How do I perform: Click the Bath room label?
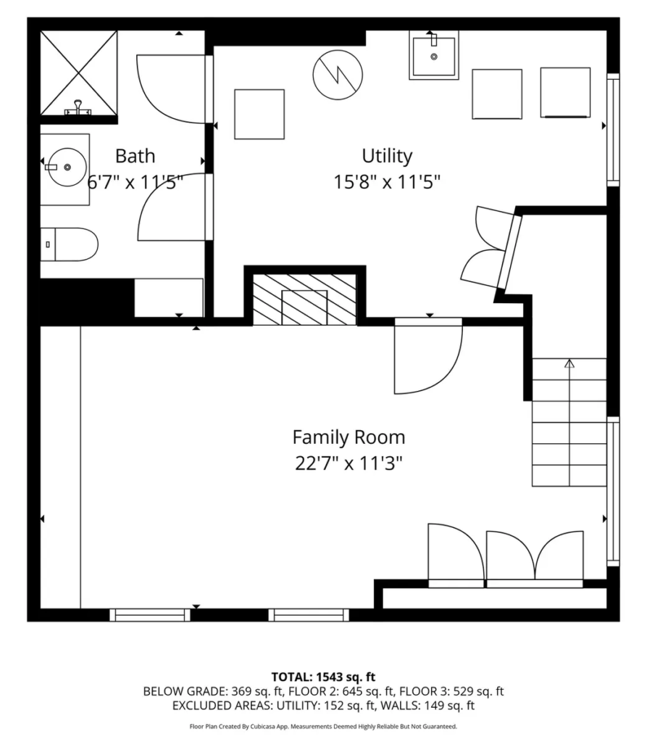click(x=135, y=156)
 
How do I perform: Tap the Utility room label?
click(x=387, y=156)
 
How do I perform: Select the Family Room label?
click(x=348, y=437)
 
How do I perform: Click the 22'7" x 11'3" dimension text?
click(x=348, y=463)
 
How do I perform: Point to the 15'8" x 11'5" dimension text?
click(x=387, y=182)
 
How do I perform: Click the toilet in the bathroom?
click(x=69, y=244)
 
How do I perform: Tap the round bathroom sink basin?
click(x=67, y=168)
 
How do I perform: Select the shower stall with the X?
click(x=78, y=73)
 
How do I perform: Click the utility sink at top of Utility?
click(x=434, y=55)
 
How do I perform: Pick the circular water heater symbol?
click(x=338, y=75)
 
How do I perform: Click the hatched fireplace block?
click(x=304, y=300)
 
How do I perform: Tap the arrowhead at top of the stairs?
click(x=569, y=363)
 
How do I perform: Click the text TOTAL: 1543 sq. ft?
click(x=323, y=677)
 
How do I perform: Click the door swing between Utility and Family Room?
click(x=428, y=355)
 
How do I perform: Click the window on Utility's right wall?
click(x=613, y=130)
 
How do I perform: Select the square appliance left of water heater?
click(x=259, y=115)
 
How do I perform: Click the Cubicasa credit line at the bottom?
click(x=323, y=727)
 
